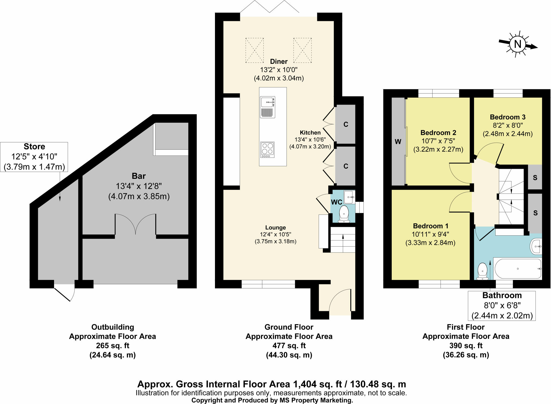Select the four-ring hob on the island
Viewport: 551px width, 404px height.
tap(267, 150)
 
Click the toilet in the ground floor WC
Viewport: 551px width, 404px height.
tap(344, 214)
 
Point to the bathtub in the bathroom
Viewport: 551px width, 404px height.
tap(517, 269)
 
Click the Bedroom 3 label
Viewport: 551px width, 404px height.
tap(507, 117)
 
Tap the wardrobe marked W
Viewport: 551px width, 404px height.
tap(398, 142)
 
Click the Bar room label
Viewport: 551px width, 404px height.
tap(139, 176)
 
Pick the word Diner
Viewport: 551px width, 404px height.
tap(279, 61)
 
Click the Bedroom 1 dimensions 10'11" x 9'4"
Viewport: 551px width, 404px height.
tap(430, 234)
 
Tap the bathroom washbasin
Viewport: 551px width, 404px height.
tap(536, 246)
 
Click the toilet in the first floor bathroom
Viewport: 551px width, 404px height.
tap(482, 271)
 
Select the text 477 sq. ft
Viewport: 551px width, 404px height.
tap(289, 346)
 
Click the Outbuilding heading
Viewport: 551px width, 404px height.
tap(112, 327)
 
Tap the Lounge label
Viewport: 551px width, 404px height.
tap(275, 227)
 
